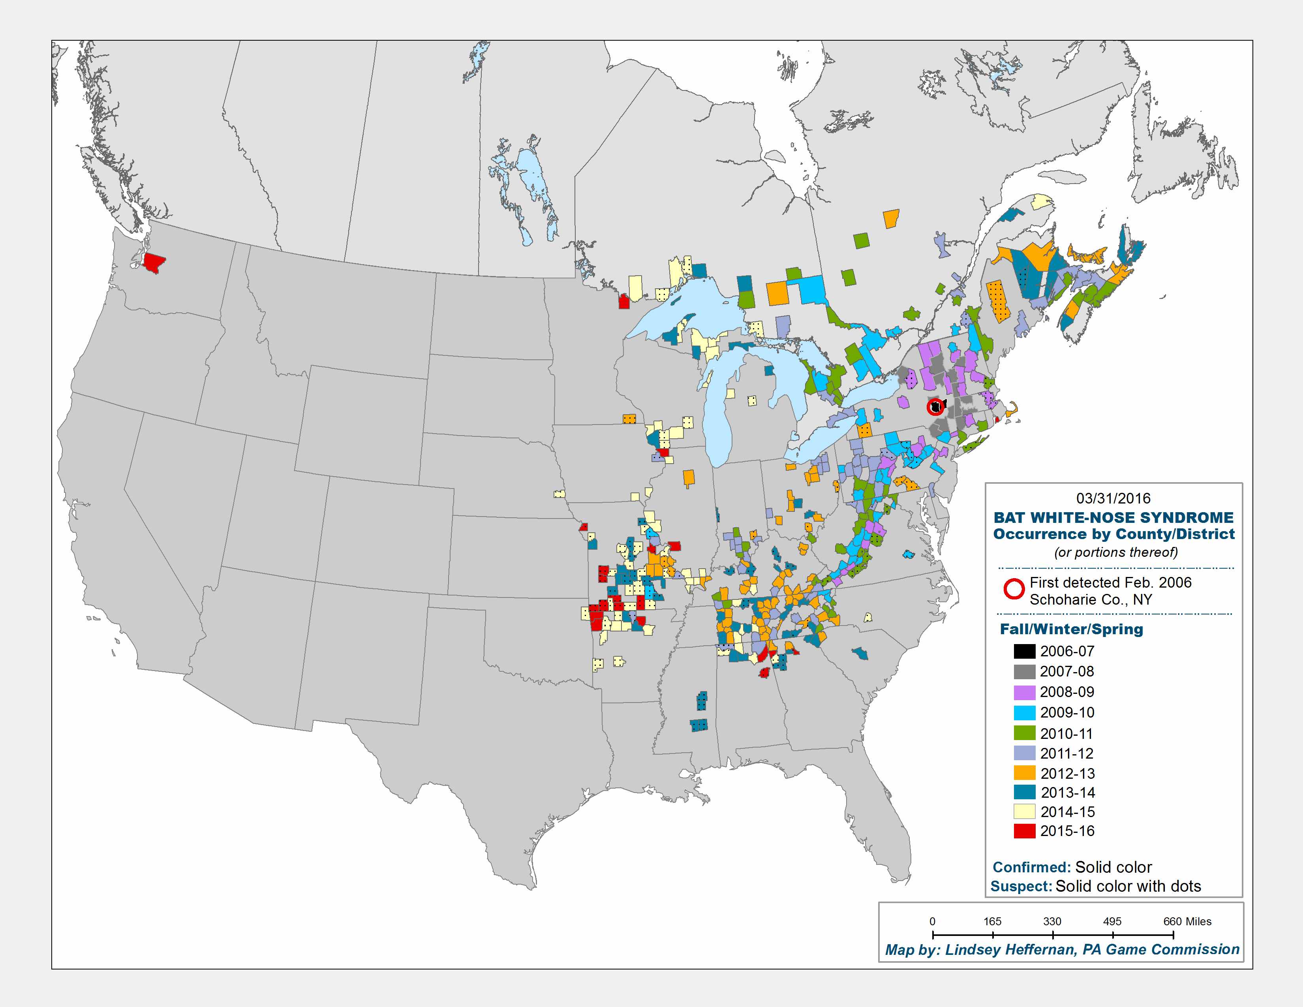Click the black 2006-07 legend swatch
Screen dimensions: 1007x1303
coord(1024,651)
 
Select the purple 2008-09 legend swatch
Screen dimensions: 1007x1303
coord(1024,692)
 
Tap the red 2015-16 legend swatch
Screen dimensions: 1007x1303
coord(1024,831)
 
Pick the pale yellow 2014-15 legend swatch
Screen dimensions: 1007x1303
coord(1024,812)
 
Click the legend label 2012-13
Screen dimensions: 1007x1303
coord(1067,774)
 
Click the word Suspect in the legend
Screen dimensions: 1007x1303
coord(1021,887)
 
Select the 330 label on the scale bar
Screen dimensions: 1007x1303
coord(1052,921)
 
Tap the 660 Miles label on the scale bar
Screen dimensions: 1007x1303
coord(1187,921)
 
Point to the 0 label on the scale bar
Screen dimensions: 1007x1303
coord(933,921)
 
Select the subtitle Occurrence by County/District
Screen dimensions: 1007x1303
coord(1113,534)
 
